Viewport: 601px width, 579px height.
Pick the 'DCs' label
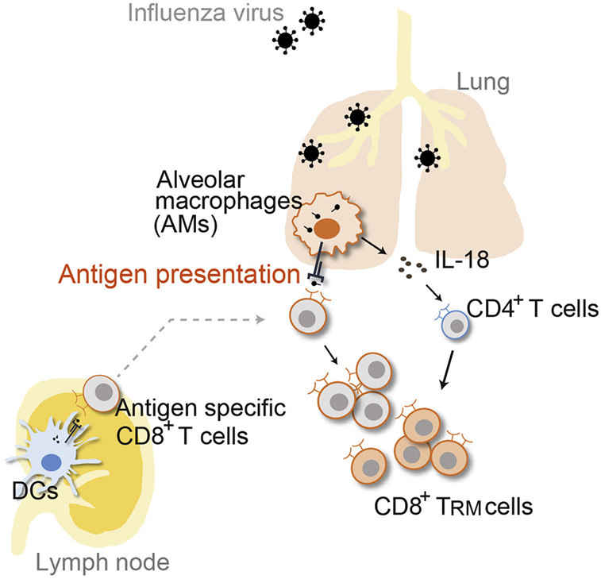[30, 493]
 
